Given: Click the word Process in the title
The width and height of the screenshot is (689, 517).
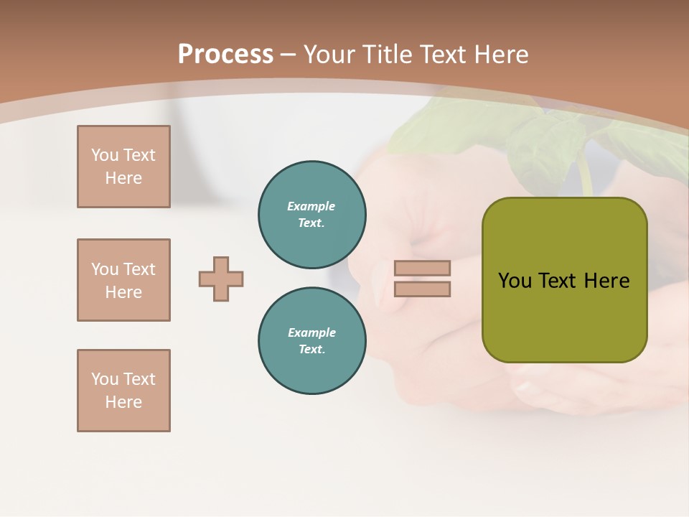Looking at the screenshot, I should tap(225, 55).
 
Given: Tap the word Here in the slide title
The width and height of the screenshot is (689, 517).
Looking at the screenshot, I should tap(500, 55).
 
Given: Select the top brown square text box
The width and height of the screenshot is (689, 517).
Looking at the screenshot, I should tap(123, 167).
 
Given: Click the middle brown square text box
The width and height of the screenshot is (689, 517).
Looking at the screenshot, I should tap(123, 280).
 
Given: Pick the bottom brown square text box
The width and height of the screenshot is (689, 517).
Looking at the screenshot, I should tap(123, 391).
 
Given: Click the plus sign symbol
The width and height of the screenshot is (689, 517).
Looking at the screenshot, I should tap(221, 279).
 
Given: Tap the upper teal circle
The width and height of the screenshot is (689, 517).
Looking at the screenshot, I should tap(312, 215).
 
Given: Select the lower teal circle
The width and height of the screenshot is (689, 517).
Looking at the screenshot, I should tap(312, 341).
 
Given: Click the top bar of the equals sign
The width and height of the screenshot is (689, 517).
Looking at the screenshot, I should tap(422, 268).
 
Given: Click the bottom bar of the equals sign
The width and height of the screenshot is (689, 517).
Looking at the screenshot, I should tap(422, 289).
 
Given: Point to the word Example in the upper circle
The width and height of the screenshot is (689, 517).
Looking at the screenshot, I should tap(311, 207).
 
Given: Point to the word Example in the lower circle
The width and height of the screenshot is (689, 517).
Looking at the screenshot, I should tap(311, 333).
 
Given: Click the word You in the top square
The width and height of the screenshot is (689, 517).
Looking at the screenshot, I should tap(104, 156).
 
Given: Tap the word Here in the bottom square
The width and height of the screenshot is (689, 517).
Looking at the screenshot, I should tap(123, 403).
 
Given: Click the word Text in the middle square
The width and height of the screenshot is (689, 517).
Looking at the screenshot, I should tap(139, 269).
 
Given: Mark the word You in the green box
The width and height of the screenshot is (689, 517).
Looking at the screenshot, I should tap(514, 281).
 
